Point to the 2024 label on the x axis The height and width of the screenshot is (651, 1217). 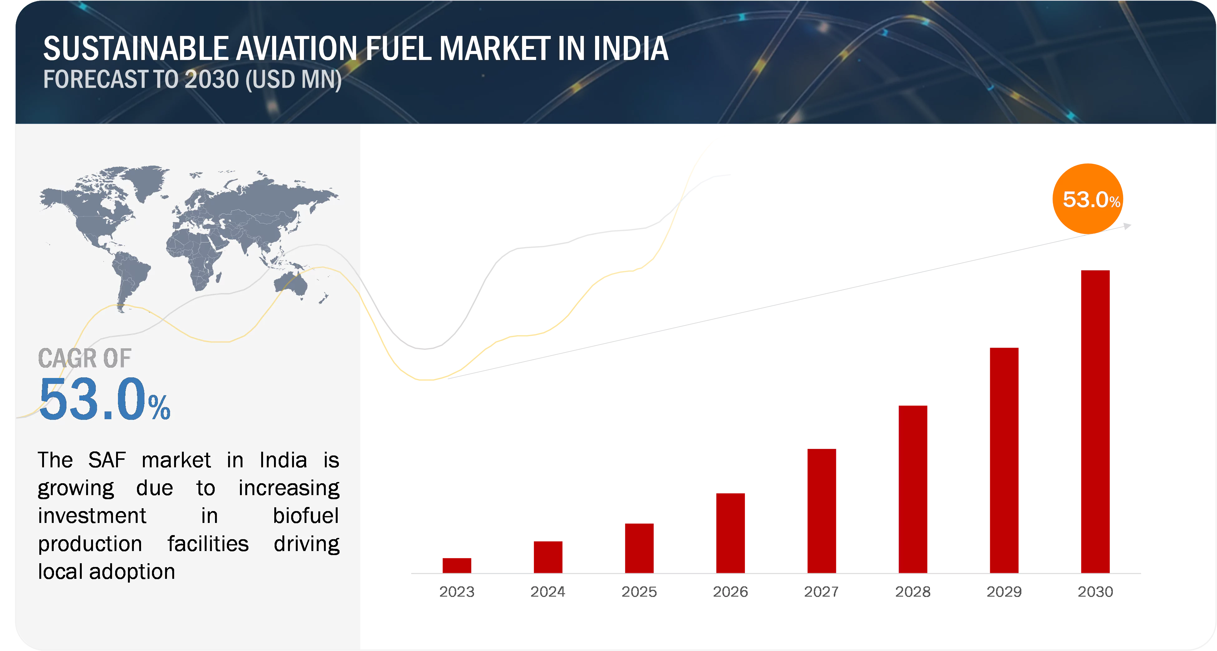[548, 591]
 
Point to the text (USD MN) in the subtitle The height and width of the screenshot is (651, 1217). [293, 79]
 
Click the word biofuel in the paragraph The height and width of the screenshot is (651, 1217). [306, 516]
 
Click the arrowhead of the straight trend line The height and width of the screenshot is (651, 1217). [1128, 226]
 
